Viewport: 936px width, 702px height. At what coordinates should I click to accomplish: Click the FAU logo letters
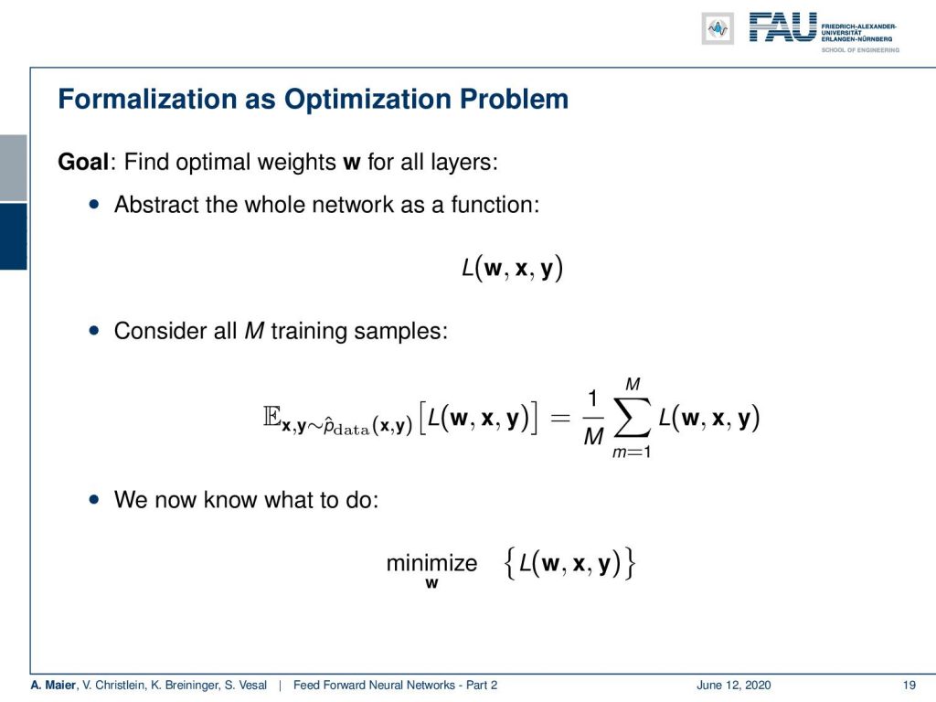(x=782, y=27)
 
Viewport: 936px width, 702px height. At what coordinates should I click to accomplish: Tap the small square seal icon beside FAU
(x=718, y=28)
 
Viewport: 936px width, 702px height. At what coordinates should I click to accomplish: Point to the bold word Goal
(x=83, y=162)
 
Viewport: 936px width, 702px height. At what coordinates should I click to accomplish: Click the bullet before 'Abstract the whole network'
(x=94, y=204)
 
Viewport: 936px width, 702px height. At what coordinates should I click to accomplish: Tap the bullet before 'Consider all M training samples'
(x=94, y=330)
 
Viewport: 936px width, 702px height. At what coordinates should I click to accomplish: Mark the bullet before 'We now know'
(x=94, y=499)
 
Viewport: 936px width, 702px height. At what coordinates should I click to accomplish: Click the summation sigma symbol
(x=633, y=418)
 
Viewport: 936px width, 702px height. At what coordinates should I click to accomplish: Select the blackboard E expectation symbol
(x=271, y=416)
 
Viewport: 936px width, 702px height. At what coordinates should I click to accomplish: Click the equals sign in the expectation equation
(x=560, y=418)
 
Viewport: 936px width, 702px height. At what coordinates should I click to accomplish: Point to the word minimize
(x=431, y=562)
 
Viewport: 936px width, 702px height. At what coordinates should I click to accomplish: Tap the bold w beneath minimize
(x=431, y=583)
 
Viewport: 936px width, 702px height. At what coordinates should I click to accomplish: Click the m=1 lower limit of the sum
(x=632, y=452)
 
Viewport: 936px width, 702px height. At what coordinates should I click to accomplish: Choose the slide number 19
(x=909, y=685)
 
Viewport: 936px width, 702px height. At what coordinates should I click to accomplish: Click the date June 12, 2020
(x=733, y=685)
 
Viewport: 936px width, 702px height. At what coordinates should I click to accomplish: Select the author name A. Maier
(x=53, y=685)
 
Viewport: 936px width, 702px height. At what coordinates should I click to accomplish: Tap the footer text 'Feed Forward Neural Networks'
(x=374, y=685)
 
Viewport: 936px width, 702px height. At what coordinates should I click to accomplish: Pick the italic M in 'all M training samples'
(x=254, y=330)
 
